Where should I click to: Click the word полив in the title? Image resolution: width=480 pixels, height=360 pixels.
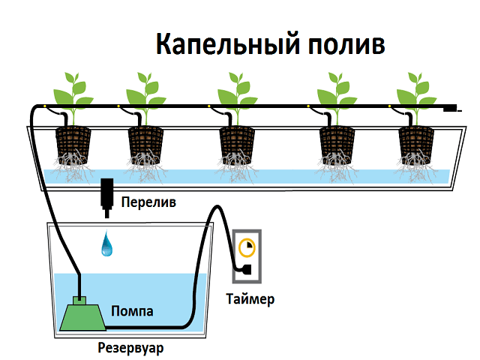pyautogui.click(x=346, y=45)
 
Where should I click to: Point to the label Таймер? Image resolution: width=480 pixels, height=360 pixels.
pyautogui.click(x=250, y=300)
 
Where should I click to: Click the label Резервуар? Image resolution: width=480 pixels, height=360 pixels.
pyautogui.click(x=130, y=348)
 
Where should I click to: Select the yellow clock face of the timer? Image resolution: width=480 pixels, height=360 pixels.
pyautogui.click(x=247, y=247)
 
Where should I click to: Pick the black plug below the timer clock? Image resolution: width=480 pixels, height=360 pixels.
pyautogui.click(x=244, y=270)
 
